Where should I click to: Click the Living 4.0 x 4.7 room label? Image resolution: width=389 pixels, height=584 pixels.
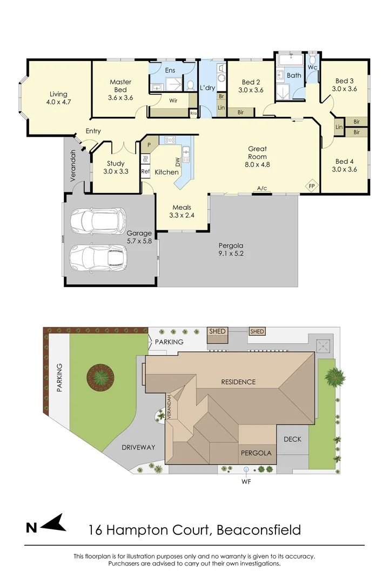pos(59,97)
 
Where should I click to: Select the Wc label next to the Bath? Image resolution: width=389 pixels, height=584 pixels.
pos(312,67)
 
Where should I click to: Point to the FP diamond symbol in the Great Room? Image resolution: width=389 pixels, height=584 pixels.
pos(312,186)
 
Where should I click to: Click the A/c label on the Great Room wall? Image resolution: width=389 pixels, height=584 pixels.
pos(262,188)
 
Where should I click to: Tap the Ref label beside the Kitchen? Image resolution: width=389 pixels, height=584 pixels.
pos(145,171)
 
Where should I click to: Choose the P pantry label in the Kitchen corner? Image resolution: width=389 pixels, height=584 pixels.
pos(149,145)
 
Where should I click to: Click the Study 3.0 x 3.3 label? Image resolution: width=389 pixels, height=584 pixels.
pos(116,167)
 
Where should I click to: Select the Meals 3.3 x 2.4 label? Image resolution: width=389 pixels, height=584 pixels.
pos(182,211)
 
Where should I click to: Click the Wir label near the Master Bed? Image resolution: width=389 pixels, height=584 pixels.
pos(173,101)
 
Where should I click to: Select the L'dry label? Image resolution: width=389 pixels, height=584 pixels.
pos(208,88)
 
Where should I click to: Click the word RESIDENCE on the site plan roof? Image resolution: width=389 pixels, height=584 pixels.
pos(238,382)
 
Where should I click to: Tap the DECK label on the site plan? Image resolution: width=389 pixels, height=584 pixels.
pos(292,439)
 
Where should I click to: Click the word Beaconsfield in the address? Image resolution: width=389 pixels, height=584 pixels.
pos(258,529)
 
